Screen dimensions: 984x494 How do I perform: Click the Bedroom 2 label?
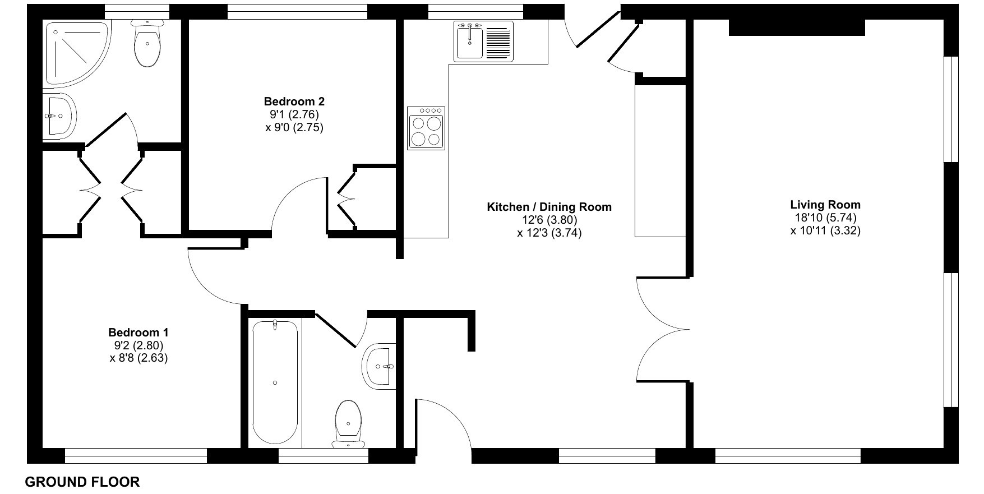tap(294, 101)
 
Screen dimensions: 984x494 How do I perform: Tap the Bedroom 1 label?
tap(138, 332)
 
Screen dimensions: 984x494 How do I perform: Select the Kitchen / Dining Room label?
tap(549, 207)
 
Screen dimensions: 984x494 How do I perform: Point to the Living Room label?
tap(825, 205)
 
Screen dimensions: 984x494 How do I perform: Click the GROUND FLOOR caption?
tap(82, 482)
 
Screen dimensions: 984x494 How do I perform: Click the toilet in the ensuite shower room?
tap(147, 43)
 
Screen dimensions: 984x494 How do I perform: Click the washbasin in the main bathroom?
tap(379, 366)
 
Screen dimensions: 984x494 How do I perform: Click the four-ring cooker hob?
tap(426, 128)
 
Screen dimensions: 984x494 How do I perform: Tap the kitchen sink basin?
tap(469, 40)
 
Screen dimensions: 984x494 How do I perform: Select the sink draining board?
tap(499, 41)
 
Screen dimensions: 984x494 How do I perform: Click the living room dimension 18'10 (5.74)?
tap(825, 218)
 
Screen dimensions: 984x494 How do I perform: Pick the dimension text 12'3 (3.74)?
tap(549, 233)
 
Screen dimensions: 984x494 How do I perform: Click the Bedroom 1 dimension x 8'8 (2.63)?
tap(138, 357)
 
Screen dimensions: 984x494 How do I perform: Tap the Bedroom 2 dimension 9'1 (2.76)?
tap(294, 114)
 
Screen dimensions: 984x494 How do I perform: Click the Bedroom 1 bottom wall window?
tap(136, 456)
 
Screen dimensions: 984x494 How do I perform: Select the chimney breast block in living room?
tap(797, 27)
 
